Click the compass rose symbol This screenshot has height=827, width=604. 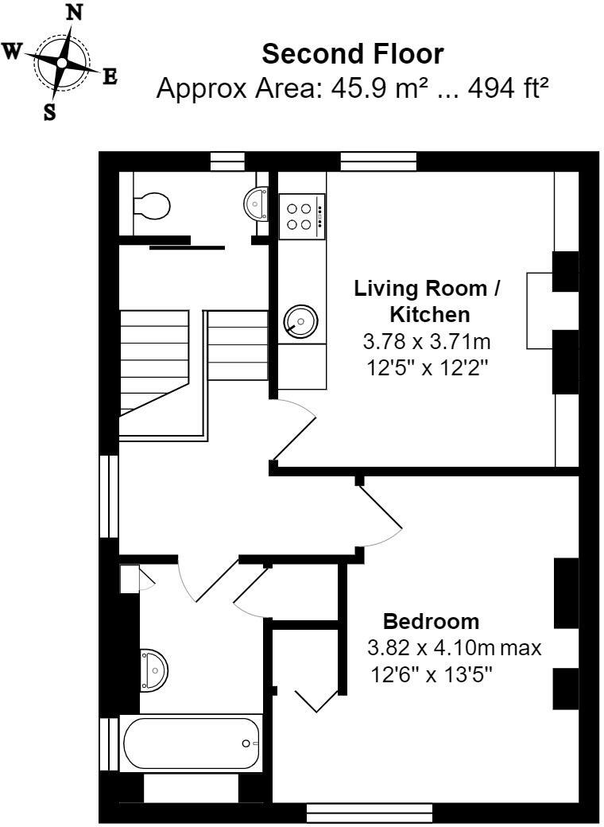[62, 62]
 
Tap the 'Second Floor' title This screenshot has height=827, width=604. [353, 54]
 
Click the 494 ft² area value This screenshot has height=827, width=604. [509, 88]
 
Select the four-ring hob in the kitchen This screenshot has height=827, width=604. [302, 215]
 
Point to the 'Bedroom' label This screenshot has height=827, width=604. [432, 621]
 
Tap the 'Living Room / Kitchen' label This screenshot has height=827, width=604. [427, 300]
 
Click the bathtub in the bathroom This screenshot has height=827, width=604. [192, 743]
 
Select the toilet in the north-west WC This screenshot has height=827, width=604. [151, 207]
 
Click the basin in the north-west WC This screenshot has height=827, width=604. [257, 203]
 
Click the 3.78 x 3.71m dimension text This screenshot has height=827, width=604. [427, 343]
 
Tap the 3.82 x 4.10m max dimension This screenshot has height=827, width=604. [454, 647]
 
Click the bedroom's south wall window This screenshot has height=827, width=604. [369, 813]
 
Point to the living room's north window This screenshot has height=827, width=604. [378, 162]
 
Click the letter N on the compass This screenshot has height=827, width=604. [74, 12]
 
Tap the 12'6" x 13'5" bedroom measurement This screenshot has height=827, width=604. [432, 675]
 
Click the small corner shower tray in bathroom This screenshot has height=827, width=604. [130, 578]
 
